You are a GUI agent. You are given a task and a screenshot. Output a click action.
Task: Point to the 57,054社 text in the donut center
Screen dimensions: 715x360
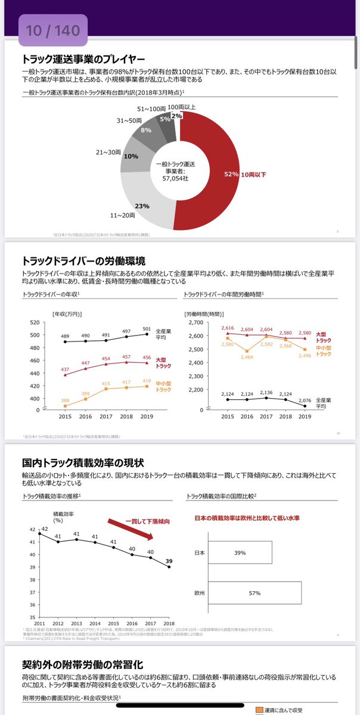coord(177,178)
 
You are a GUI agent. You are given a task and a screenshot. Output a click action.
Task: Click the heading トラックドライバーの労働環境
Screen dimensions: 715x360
coord(83,260)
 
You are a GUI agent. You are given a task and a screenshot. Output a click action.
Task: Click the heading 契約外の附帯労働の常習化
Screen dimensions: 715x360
coord(83,665)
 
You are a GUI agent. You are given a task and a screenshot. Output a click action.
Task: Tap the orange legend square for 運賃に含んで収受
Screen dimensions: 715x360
coord(259,710)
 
